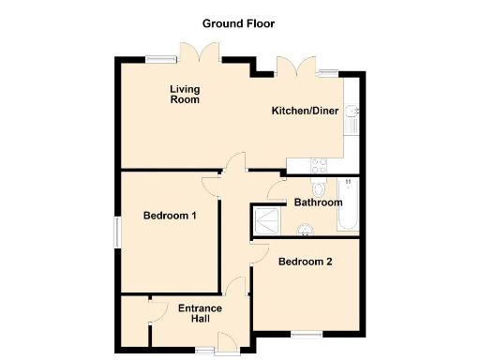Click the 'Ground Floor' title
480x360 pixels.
[x=239, y=22]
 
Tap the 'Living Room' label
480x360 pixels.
[x=185, y=95]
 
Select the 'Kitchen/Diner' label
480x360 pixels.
[x=302, y=111]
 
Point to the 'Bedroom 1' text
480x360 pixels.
[x=170, y=217]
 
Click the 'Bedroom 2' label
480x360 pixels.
[x=305, y=262]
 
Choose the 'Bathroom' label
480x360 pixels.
[x=318, y=202]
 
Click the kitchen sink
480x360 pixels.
[x=352, y=118]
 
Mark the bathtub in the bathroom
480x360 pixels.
[x=348, y=206]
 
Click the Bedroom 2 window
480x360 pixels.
[x=305, y=334]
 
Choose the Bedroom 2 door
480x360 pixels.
[x=260, y=251]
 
